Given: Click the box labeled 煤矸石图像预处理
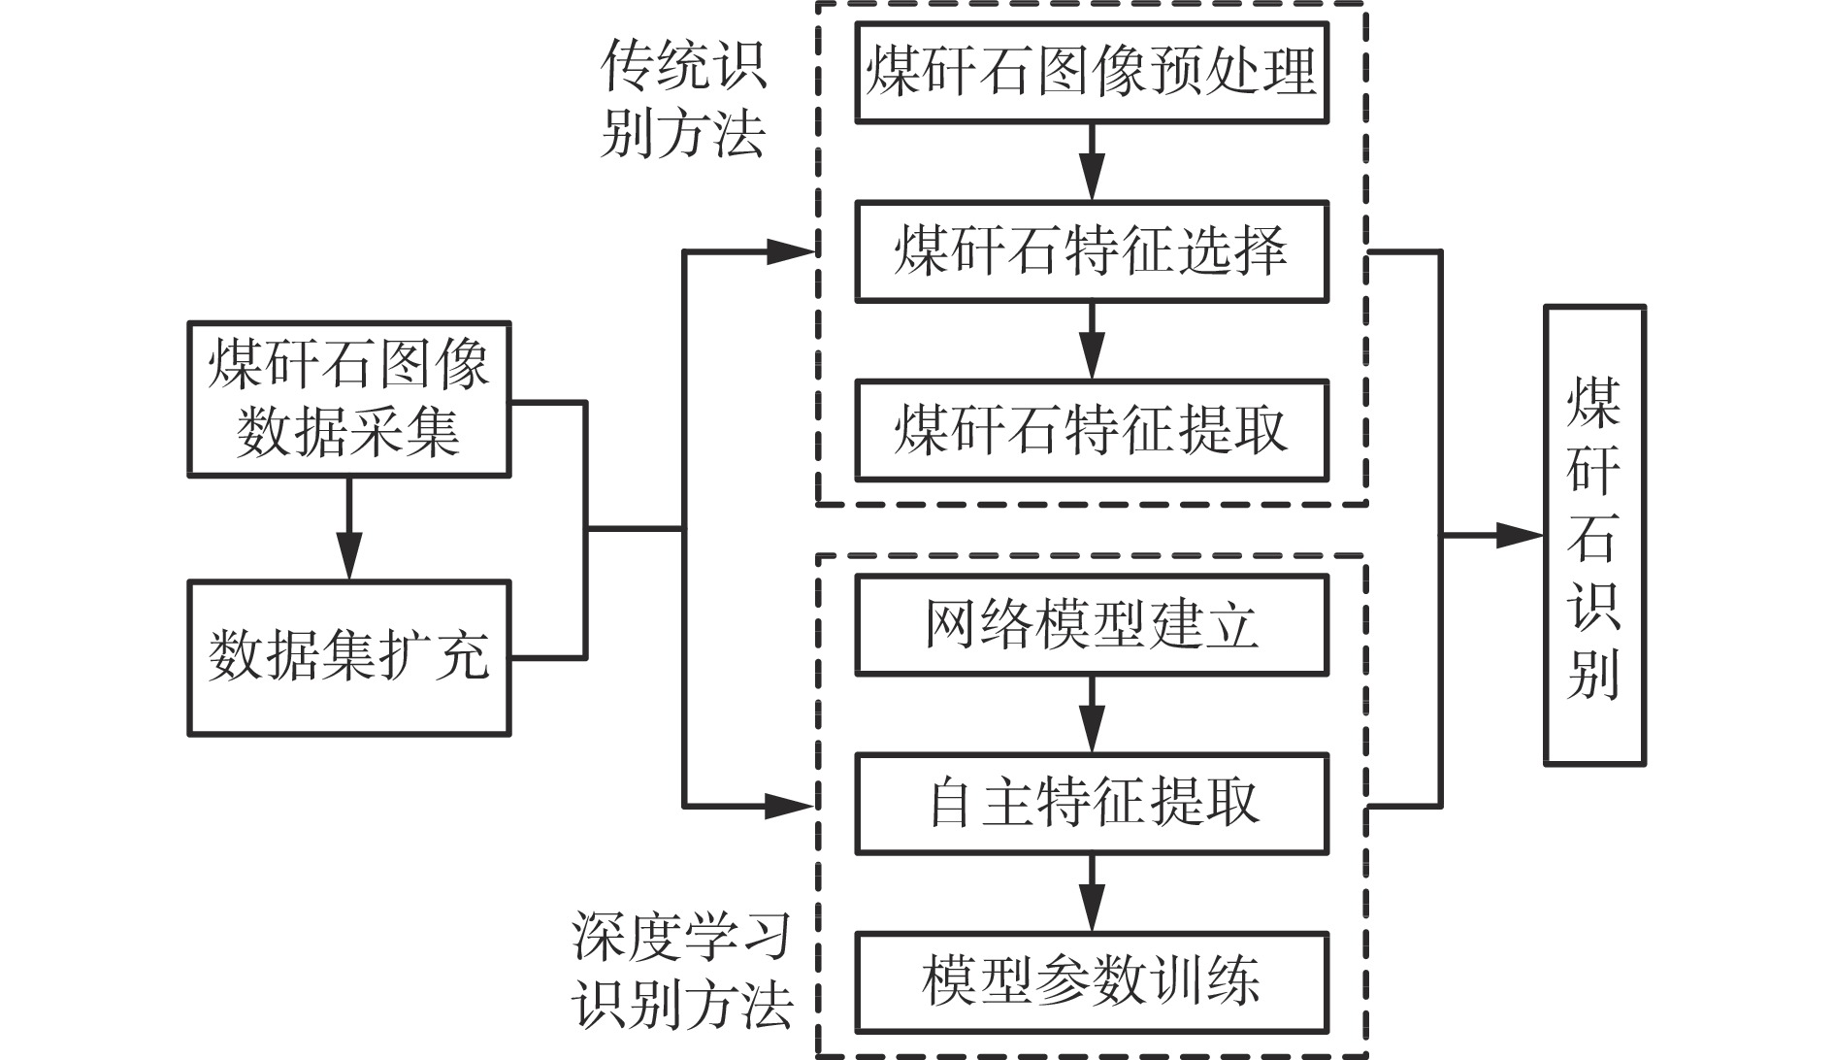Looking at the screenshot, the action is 1092,73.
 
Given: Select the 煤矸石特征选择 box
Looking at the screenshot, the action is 1092,251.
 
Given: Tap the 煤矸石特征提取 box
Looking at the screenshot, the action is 1092,430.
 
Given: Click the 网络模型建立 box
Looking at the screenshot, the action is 1092,625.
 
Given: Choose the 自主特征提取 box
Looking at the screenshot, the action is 1092,804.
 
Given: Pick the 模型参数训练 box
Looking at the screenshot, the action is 1092,982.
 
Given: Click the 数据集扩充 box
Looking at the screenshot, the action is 349,658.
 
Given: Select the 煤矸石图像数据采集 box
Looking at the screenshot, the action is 349,399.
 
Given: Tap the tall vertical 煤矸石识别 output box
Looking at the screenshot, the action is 1595,536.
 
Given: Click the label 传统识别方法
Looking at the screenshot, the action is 684,98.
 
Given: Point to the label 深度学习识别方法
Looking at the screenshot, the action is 682,970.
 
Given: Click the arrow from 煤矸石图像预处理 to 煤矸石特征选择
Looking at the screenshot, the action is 1093,162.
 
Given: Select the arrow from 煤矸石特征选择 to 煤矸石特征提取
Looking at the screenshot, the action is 1093,341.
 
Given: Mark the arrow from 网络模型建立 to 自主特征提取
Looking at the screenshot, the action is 1093,714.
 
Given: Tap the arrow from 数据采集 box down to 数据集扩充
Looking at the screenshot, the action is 348,529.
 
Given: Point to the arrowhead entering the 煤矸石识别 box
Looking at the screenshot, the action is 1520,535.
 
